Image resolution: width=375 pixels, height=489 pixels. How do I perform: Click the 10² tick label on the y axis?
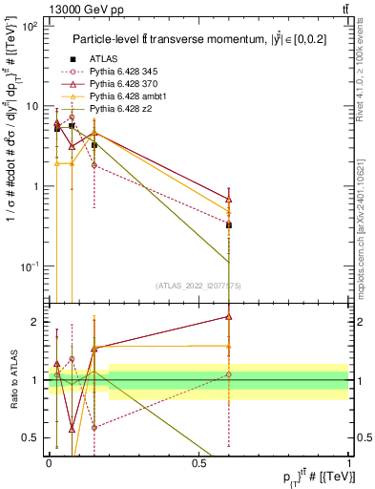tap(29, 27)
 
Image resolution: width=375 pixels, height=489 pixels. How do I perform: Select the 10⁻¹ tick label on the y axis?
tap(29, 266)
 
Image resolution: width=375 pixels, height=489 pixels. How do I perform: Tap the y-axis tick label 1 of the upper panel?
tap(34, 186)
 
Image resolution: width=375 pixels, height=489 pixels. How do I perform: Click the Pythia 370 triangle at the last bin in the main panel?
tap(228, 199)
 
